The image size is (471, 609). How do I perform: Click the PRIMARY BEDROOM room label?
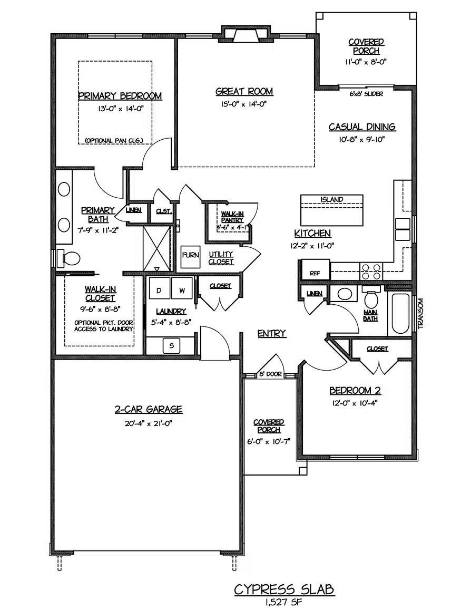120,96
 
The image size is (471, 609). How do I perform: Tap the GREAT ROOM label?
244,92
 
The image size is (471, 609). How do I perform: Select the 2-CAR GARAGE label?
149,409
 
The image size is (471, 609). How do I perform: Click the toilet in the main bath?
372,299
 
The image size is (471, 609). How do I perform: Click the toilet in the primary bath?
68,258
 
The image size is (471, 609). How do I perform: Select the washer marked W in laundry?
182,290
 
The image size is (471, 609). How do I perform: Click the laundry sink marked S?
171,346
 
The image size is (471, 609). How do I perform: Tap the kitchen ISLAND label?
331,199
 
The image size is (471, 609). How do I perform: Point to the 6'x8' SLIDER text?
366,94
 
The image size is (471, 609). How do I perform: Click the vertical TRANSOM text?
420,313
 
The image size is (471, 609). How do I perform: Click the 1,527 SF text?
283,601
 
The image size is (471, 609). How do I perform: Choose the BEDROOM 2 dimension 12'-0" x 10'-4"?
355,402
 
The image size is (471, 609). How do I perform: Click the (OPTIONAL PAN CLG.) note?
117,140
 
